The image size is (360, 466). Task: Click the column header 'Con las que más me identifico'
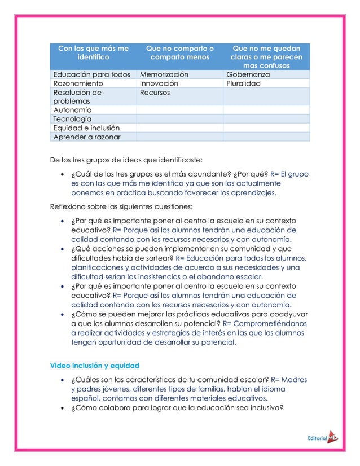click(93, 53)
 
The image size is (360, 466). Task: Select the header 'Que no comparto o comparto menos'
click(179, 53)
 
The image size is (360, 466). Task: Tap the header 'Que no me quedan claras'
click(266, 57)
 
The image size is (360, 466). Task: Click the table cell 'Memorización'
click(165, 74)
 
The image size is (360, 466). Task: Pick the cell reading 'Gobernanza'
click(248, 74)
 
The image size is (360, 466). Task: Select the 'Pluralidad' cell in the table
click(244, 83)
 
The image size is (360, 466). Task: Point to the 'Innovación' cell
click(159, 83)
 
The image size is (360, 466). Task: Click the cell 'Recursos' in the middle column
click(155, 92)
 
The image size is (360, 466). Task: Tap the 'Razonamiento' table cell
click(79, 83)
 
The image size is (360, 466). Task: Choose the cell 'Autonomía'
click(72, 110)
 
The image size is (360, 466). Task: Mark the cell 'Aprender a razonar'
click(86, 137)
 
